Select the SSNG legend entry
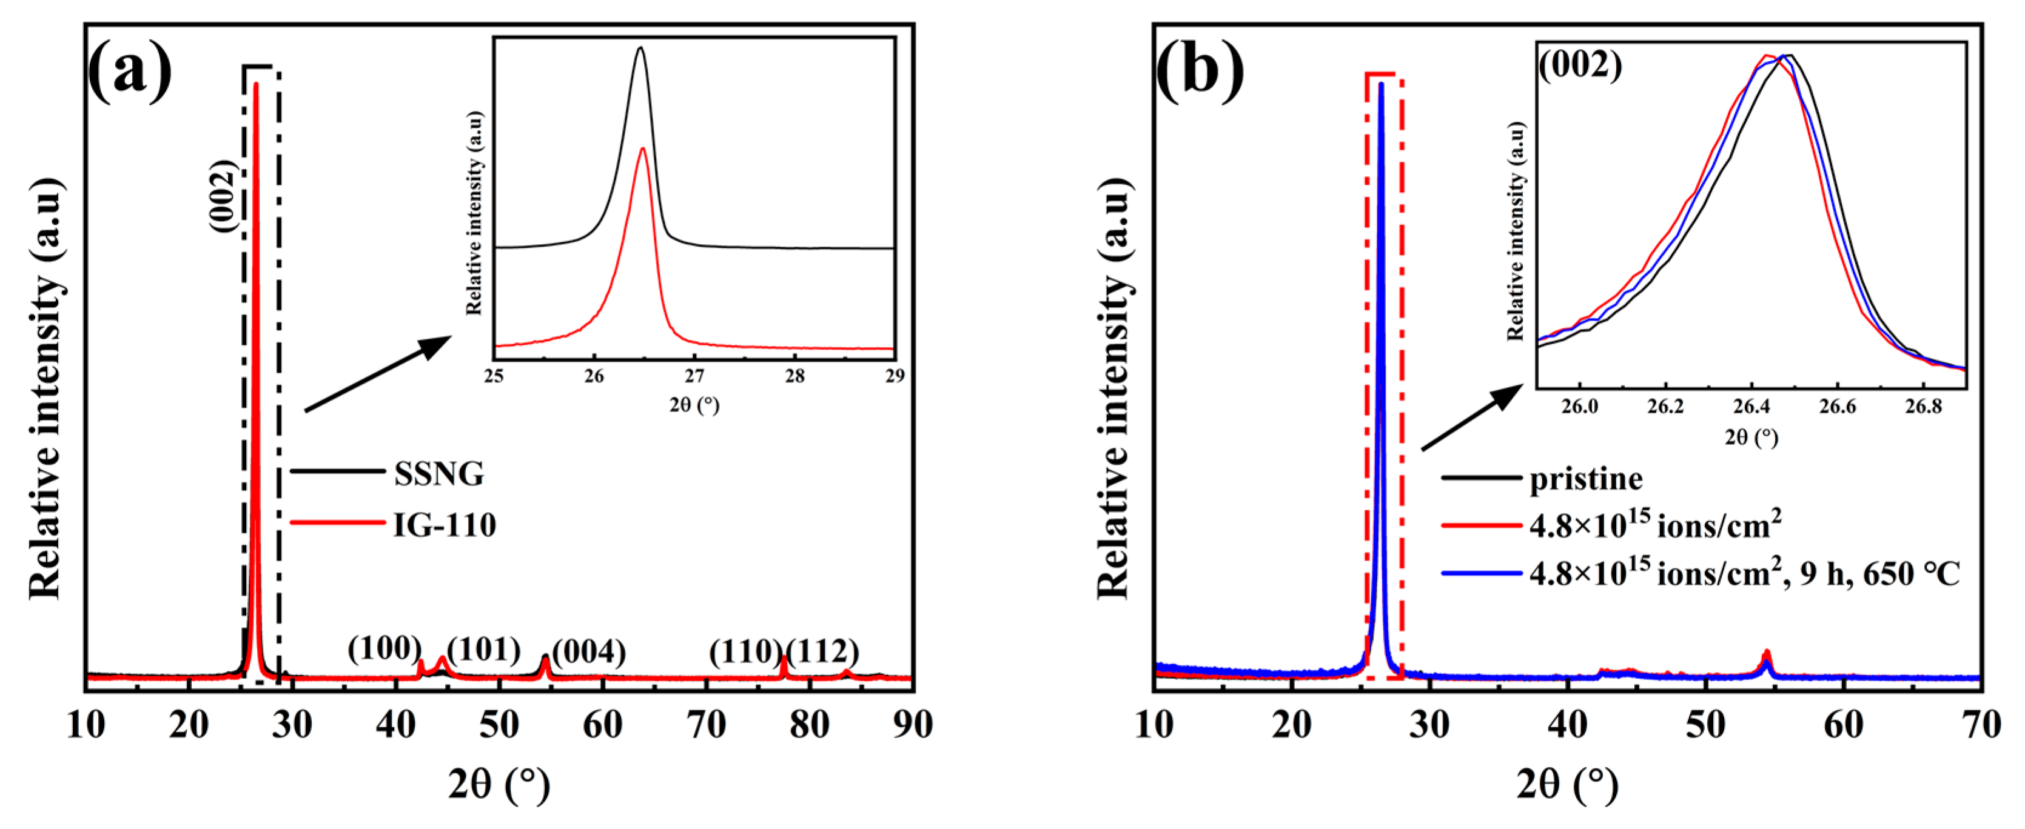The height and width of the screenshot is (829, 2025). pyautogui.click(x=438, y=474)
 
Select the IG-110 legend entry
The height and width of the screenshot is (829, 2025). pyautogui.click(x=444, y=525)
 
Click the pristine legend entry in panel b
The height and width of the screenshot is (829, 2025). pyautogui.click(x=1585, y=479)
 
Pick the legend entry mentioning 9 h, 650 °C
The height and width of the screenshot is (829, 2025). pyautogui.click(x=1744, y=574)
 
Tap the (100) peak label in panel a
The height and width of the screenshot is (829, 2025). pyautogui.click(x=385, y=649)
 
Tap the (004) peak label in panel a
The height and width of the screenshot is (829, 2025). pyautogui.click(x=589, y=651)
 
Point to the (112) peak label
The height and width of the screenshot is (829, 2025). pyautogui.click(x=822, y=651)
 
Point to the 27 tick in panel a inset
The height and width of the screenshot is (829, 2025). pyautogui.click(x=694, y=376)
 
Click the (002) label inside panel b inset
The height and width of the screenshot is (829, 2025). pyautogui.click(x=1580, y=64)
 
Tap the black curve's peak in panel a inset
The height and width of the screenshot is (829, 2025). pyautogui.click(x=640, y=48)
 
